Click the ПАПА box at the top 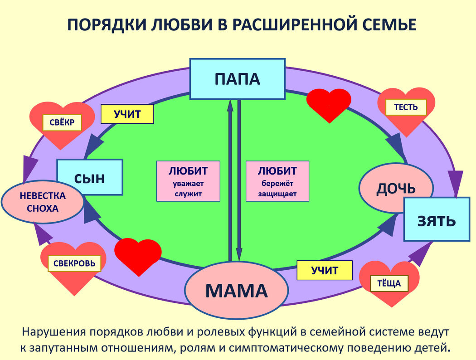click(237, 79)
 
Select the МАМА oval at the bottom click(237, 290)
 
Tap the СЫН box click(90, 177)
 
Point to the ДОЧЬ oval click(396, 188)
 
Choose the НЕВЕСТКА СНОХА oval click(43, 202)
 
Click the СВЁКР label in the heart click(62, 122)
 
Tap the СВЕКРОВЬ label click(74, 263)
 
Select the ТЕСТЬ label click(406, 107)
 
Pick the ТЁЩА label click(389, 283)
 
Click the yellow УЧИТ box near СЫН click(127, 114)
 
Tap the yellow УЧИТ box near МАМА click(325, 271)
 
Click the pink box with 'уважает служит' click(188, 181)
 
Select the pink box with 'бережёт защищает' click(277, 181)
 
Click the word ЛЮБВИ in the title click(175, 25)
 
